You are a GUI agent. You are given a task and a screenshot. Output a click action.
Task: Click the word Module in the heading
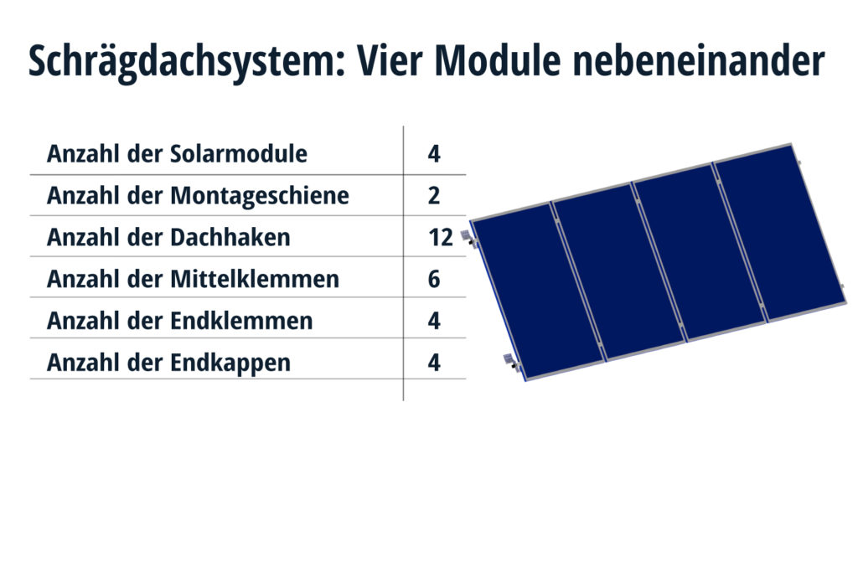pyautogui.click(x=498, y=59)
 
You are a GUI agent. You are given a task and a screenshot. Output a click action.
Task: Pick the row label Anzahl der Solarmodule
pyautogui.click(x=178, y=153)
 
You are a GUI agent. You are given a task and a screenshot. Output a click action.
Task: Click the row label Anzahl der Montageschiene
pyautogui.click(x=198, y=196)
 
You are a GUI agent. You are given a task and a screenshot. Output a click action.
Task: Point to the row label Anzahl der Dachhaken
pyautogui.click(x=168, y=237)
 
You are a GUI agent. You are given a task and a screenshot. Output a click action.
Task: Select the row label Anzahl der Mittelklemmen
pyautogui.click(x=194, y=279)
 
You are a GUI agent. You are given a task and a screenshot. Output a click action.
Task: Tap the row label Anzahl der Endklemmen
pyautogui.click(x=180, y=321)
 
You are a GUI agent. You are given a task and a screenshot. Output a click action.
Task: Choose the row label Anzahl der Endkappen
pyautogui.click(x=168, y=363)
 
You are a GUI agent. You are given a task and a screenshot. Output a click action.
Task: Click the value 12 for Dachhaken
pyautogui.click(x=441, y=237)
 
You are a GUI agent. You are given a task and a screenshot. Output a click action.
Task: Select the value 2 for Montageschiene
pyautogui.click(x=434, y=196)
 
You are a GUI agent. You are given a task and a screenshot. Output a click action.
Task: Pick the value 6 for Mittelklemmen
pyautogui.click(x=434, y=279)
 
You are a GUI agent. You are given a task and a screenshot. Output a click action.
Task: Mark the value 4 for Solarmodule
pyautogui.click(x=434, y=153)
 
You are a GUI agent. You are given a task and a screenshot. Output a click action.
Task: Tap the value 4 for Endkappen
pyautogui.click(x=434, y=363)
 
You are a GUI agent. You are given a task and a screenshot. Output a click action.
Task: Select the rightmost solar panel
pyautogui.click(x=780, y=233)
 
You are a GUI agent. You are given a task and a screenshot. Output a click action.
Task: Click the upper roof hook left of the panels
pyautogui.click(x=468, y=239)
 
